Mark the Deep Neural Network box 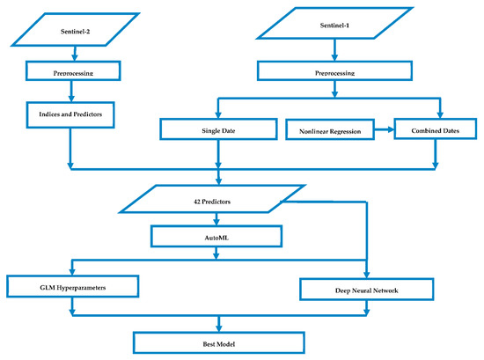coord(367,287)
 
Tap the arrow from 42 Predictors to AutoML coord(216,220)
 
